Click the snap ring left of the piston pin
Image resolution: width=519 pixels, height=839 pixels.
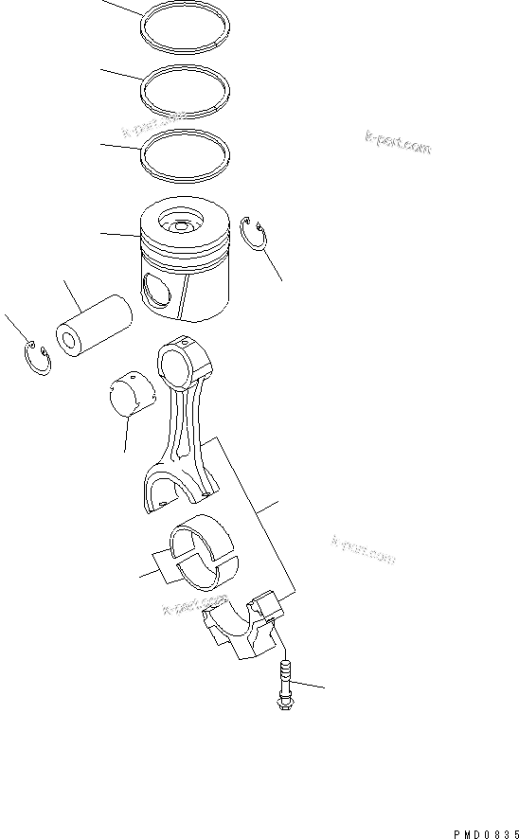tap(35, 361)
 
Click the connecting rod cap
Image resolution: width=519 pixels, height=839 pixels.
tap(244, 630)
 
